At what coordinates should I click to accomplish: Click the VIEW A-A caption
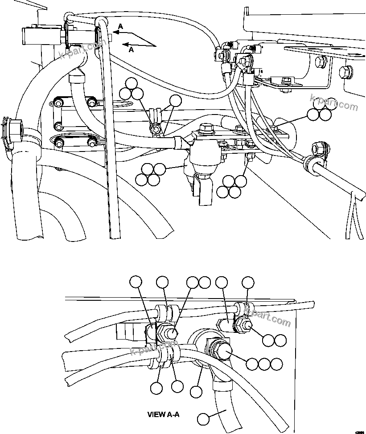163,414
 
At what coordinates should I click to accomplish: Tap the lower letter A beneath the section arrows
131,50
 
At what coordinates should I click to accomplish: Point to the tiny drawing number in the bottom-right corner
359,431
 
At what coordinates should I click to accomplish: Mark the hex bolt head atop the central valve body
206,129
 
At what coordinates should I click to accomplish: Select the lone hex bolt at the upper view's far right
345,71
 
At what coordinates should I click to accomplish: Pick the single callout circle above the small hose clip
177,101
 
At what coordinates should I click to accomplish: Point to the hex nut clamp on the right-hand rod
319,147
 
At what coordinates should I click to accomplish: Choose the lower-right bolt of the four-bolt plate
92,142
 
